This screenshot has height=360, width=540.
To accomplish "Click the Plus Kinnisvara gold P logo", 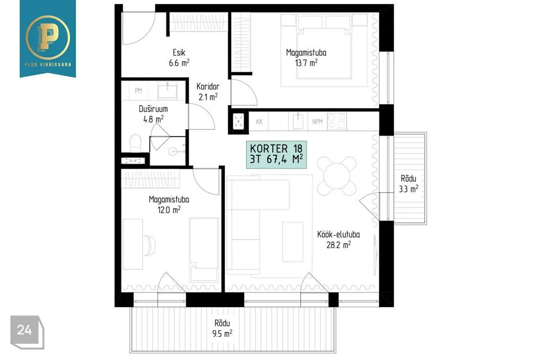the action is point(47,37).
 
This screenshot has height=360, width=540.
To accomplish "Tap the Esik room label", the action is point(179,53).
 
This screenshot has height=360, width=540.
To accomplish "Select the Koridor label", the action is point(208,87).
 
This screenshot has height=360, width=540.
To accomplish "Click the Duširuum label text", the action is point(153,109).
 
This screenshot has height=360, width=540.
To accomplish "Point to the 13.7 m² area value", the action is point(306,62).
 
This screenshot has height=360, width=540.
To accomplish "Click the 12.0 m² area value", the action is point(169,209).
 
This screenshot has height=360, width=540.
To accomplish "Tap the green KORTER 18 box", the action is point(276,155).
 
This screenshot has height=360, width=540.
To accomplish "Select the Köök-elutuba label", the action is point(339,235).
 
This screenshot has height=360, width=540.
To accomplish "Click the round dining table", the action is point(337,175).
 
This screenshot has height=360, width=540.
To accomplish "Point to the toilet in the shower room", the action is point(136,143).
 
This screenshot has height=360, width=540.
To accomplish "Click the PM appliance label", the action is point(138,91).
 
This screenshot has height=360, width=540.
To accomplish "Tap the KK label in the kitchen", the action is point(259,121).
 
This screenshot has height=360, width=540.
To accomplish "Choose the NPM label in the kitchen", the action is point(317,121).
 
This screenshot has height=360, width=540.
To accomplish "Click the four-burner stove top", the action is point(337,121).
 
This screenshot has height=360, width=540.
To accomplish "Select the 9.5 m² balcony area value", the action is point(222,334).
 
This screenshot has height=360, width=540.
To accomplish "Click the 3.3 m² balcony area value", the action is point(408,189).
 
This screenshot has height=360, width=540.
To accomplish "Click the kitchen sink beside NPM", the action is point(298,121).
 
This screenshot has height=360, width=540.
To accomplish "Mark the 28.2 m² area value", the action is point(339,245).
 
